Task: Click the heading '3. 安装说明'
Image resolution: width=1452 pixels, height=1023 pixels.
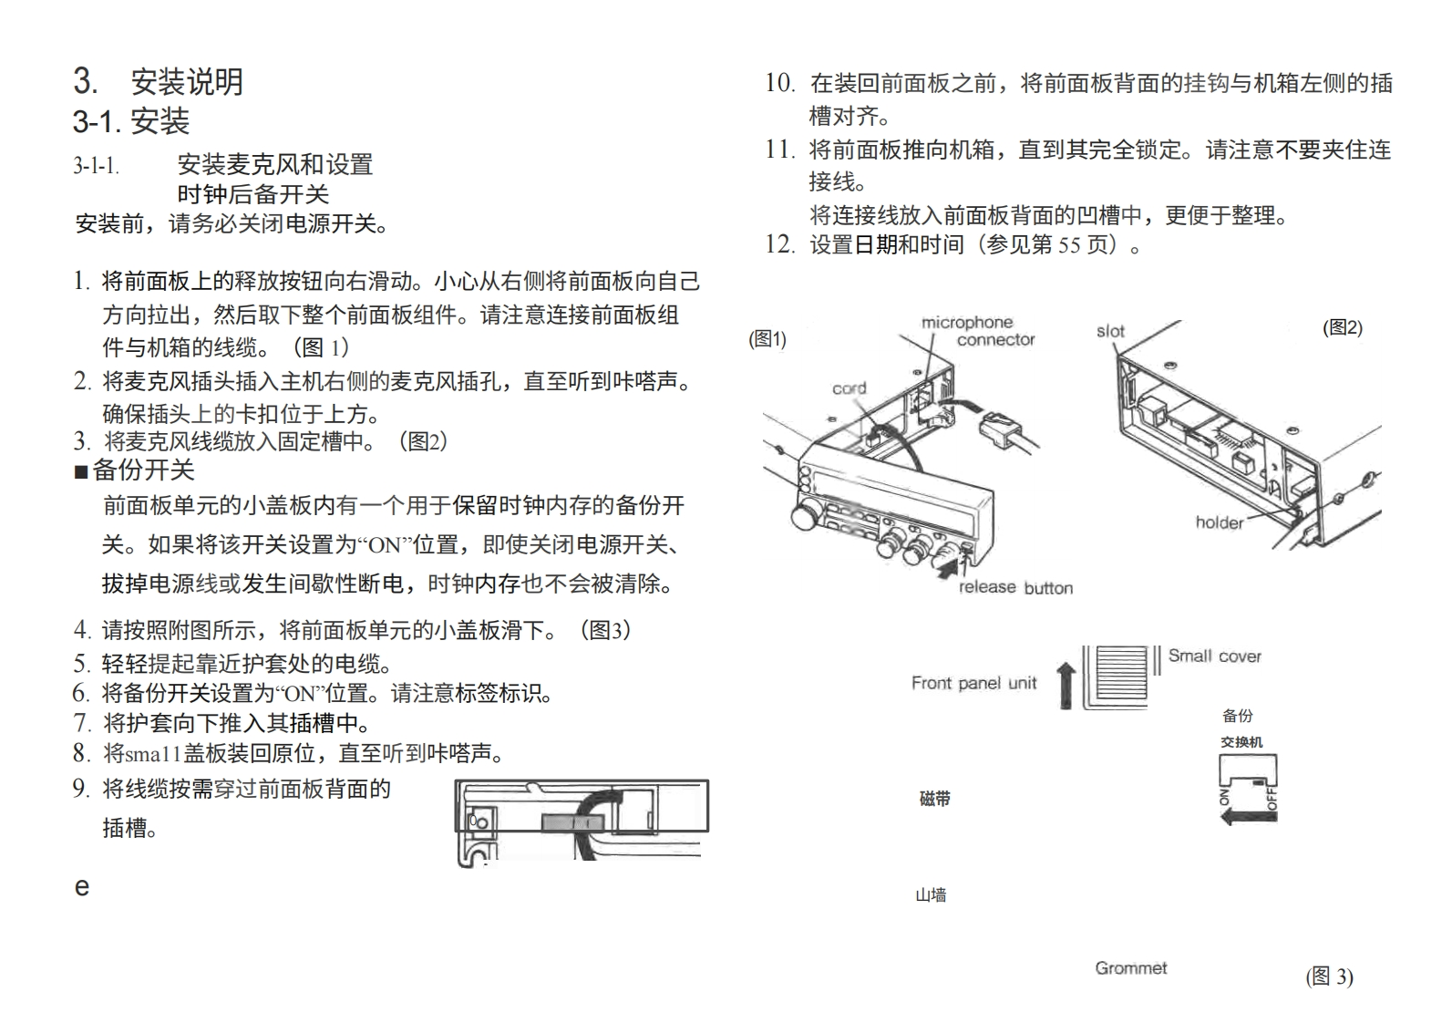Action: [x=158, y=82]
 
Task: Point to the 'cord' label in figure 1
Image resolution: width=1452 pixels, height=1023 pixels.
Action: [x=849, y=388]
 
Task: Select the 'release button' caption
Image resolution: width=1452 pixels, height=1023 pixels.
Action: [x=1015, y=588]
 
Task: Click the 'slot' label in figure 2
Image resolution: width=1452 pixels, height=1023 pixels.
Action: [x=1110, y=332]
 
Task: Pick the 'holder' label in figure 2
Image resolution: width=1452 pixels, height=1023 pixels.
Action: [x=1219, y=522]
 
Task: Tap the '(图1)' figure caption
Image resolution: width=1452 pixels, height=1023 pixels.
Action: [x=767, y=339]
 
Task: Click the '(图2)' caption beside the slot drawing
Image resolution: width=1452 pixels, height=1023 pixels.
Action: [x=1342, y=328]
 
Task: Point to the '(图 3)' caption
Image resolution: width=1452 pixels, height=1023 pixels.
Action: [x=1329, y=976]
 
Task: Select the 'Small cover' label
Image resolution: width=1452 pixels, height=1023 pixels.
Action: [x=1214, y=656]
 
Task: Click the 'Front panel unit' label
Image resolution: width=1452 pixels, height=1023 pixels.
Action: [x=973, y=683]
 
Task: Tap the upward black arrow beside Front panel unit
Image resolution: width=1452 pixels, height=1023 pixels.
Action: [x=1065, y=685]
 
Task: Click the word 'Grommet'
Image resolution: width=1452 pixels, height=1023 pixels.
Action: [x=1130, y=968]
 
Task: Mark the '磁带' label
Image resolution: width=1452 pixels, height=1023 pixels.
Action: [x=934, y=799]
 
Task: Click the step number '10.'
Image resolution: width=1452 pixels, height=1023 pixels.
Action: [x=779, y=84]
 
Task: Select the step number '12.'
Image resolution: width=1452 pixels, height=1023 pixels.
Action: [x=779, y=244]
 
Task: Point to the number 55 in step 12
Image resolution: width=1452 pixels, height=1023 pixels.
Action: [x=1069, y=244]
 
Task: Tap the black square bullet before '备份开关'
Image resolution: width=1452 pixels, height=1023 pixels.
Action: [x=81, y=471]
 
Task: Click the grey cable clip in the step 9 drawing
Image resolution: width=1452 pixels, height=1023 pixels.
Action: [x=572, y=822]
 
